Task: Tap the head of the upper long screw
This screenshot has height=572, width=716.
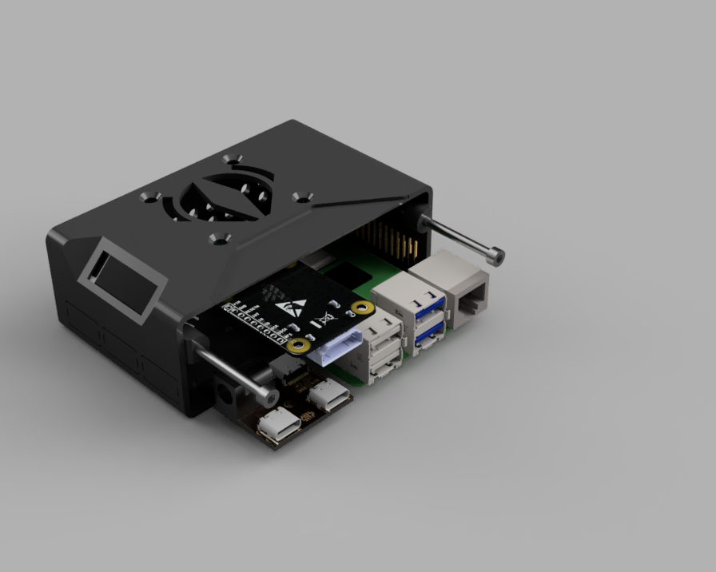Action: [498, 256]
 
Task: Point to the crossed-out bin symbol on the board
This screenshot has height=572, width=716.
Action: [324, 320]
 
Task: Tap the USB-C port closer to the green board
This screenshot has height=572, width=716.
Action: [328, 395]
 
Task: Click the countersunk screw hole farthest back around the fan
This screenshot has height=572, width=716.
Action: [232, 159]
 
